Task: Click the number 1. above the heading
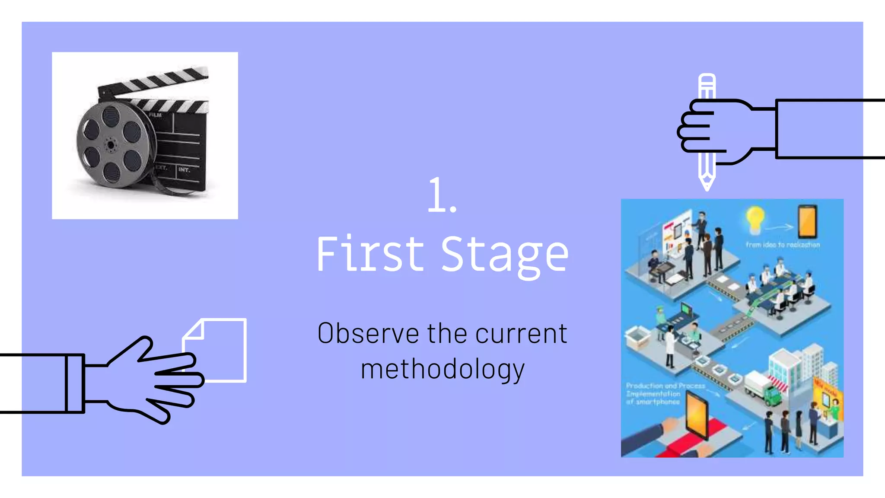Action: pos(442,195)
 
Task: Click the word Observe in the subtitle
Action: pos(368,333)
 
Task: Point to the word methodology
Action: pos(442,370)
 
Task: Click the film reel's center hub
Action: pos(111,145)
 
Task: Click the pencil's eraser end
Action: pos(707,80)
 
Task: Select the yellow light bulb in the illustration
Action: pos(755,218)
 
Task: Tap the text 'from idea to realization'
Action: pos(783,245)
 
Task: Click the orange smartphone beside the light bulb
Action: pos(807,221)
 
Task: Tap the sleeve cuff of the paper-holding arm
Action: pos(74,383)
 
